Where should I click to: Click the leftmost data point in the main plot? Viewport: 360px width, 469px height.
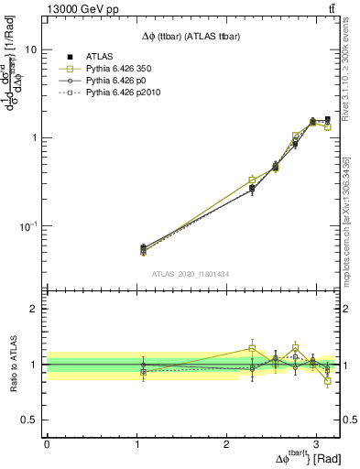(143, 248)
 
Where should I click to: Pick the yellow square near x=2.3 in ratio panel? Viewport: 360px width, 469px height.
(253, 348)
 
